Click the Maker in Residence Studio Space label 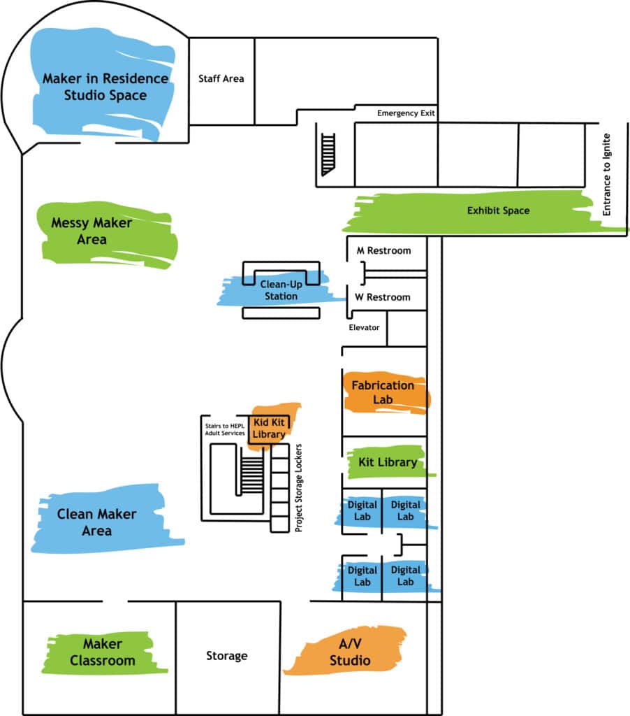[105, 87]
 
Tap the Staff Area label [221, 78]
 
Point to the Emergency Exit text [407, 113]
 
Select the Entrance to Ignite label [606, 174]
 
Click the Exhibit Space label [498, 210]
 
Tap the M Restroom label [383, 250]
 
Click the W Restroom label [383, 297]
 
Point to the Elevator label [364, 327]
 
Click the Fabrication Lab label [383, 392]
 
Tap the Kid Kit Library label [270, 428]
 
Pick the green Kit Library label [388, 462]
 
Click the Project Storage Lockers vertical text [299, 487]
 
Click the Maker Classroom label [103, 652]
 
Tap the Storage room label [227, 656]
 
